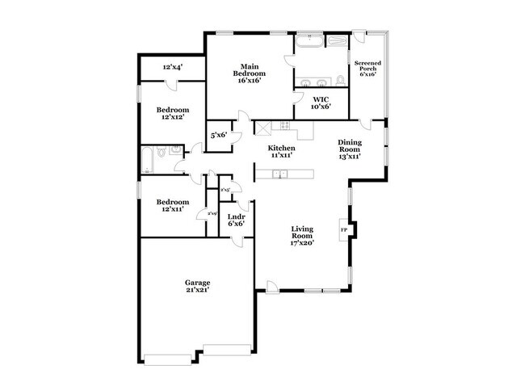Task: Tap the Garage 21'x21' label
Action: [198, 287]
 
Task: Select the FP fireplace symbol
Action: [344, 231]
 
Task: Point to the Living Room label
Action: [302, 235]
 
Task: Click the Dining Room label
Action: [349, 149]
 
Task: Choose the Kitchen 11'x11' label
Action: [281, 152]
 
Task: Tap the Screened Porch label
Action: [367, 69]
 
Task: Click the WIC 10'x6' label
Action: [321, 103]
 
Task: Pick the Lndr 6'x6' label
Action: [236, 220]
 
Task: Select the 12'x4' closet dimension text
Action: [172, 68]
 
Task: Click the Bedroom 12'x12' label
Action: [172, 113]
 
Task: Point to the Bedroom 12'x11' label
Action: [172, 205]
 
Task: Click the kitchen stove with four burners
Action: [284, 125]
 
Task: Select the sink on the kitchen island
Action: [281, 174]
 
